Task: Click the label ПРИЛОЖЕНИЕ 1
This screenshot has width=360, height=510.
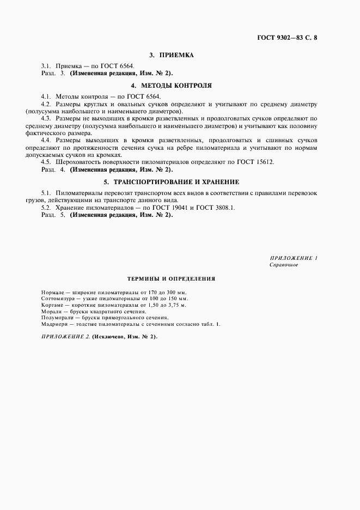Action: (x=293, y=257)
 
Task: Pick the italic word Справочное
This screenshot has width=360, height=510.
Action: (x=284, y=265)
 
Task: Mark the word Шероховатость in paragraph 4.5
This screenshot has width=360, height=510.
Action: (x=77, y=162)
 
